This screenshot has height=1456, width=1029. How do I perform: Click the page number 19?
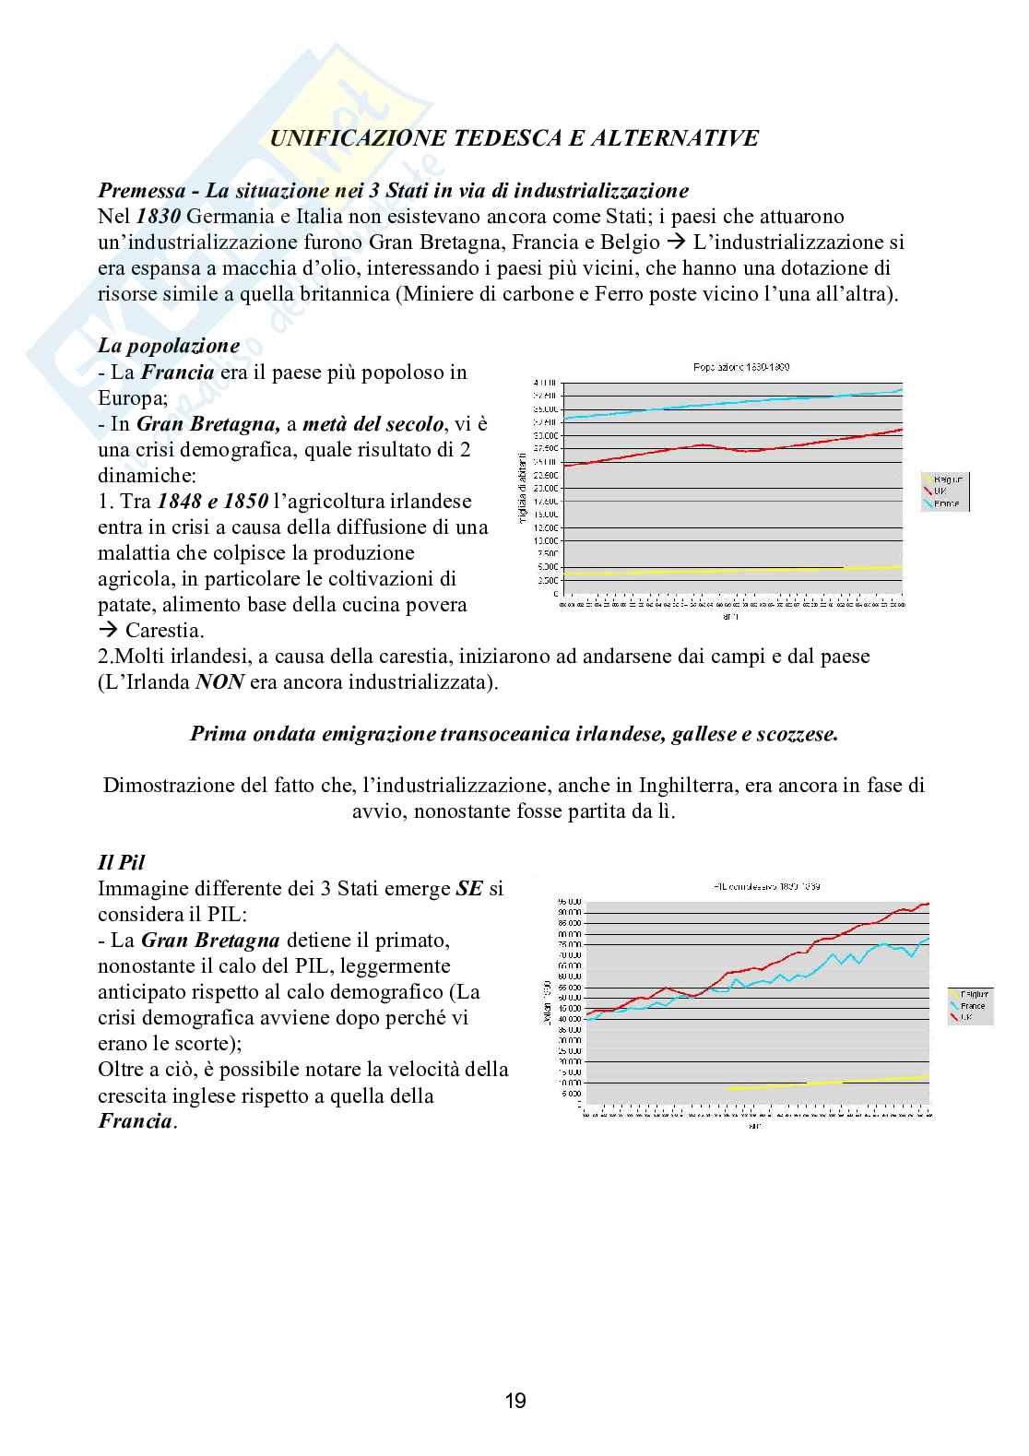pyautogui.click(x=515, y=1402)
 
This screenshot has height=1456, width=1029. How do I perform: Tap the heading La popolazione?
pyautogui.click(x=169, y=347)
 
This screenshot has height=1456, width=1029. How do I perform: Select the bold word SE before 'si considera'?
pyautogui.click(x=469, y=890)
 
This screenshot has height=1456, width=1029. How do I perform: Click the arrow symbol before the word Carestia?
pyautogui.click(x=108, y=632)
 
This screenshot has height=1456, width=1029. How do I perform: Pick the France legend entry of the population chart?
pyautogui.click(x=946, y=503)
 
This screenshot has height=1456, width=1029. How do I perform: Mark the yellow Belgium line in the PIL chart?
pyautogui.click(x=830, y=1083)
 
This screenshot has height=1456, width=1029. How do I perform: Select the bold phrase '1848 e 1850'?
pyautogui.click(x=213, y=502)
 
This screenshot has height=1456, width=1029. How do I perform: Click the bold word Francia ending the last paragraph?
pyautogui.click(x=135, y=1122)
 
